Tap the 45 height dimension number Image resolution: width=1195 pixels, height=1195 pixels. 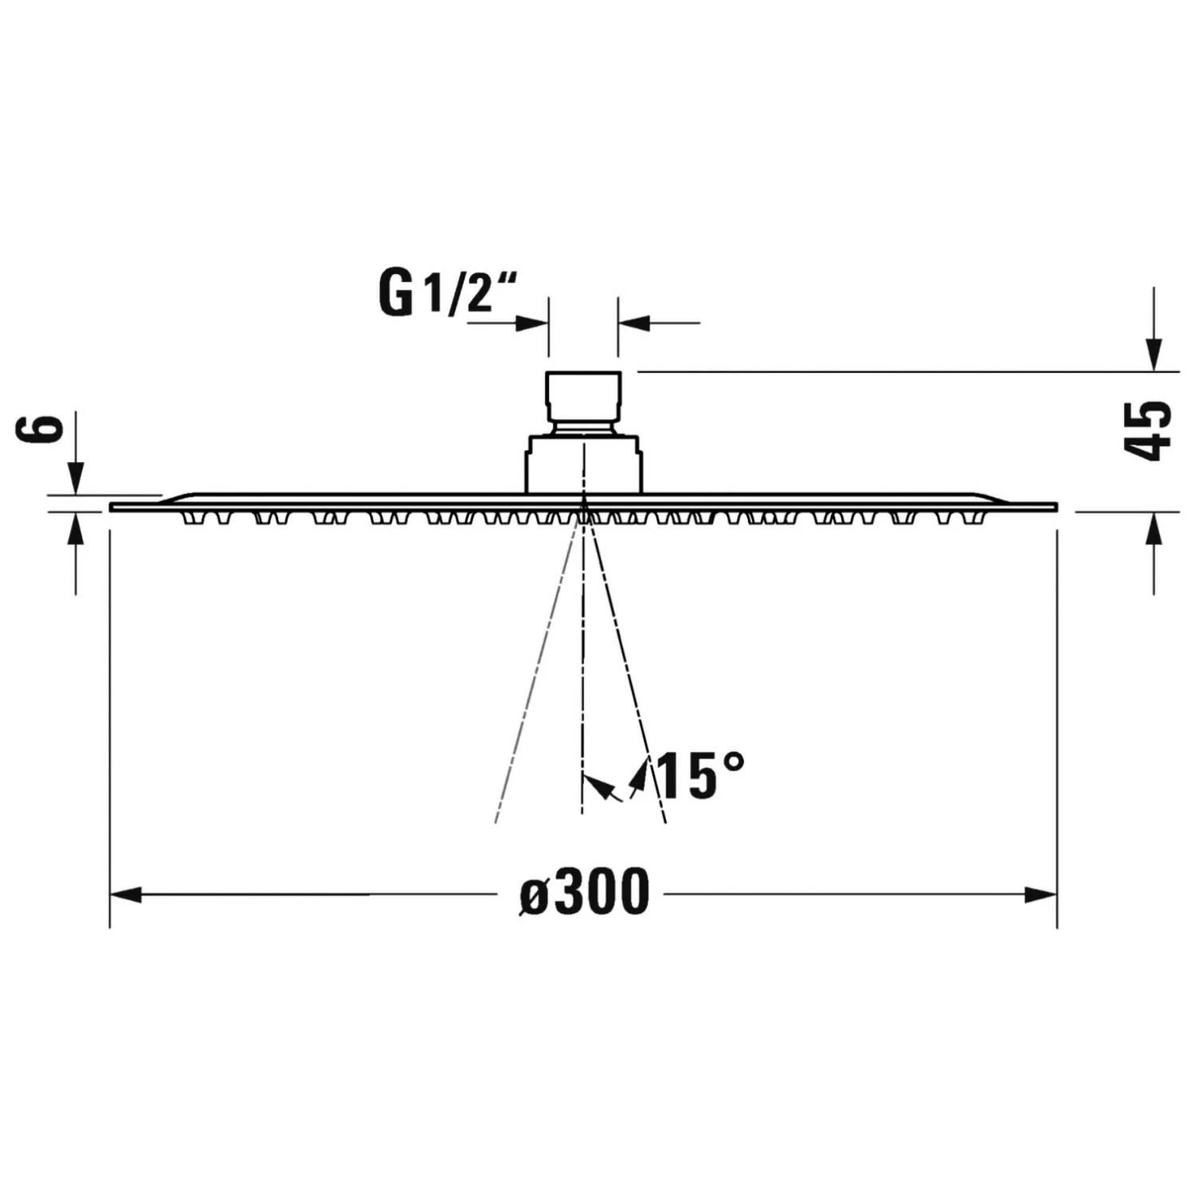click(1147, 430)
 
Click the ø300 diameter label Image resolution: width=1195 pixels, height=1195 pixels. click(585, 893)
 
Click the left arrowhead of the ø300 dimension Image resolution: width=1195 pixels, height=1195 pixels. click(126, 895)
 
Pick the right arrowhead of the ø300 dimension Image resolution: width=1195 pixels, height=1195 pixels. click(1040, 895)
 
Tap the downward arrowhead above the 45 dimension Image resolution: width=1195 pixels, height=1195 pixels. click(1154, 355)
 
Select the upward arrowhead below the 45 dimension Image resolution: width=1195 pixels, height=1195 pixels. click(1154, 528)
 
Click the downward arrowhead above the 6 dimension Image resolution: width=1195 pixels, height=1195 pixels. click(76, 478)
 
